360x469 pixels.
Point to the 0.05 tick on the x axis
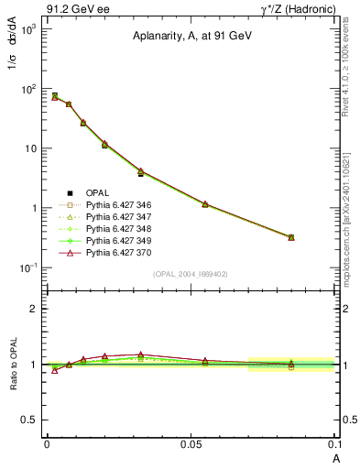pyautogui.click(x=191, y=444)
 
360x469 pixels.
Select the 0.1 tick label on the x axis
pyautogui.click(x=334, y=444)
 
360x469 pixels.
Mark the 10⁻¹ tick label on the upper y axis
pyautogui.click(x=29, y=267)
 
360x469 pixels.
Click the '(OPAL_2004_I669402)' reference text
pyautogui.click(x=191, y=274)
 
